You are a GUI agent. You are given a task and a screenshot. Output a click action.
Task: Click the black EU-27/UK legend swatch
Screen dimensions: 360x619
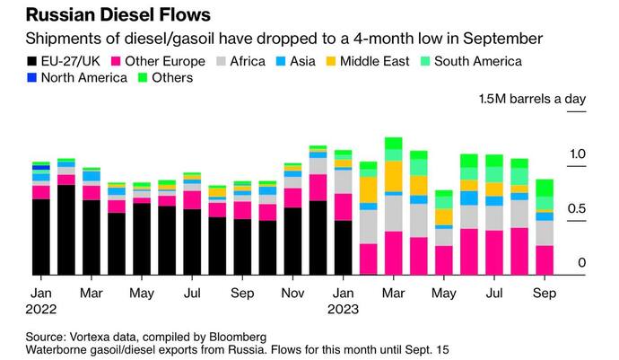click(x=35, y=61)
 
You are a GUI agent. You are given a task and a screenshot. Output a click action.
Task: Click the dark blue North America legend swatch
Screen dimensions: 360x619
click(x=35, y=78)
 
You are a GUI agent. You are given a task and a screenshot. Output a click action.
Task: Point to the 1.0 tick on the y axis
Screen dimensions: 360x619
click(x=577, y=154)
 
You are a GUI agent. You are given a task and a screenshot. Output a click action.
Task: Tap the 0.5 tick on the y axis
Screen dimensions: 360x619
click(x=577, y=209)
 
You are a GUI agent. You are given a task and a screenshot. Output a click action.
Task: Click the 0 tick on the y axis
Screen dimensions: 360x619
click(x=582, y=263)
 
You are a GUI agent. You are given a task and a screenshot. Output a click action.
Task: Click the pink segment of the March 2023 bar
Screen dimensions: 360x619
click(x=393, y=252)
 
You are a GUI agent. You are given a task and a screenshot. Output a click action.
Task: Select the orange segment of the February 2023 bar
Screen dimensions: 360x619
click(x=368, y=189)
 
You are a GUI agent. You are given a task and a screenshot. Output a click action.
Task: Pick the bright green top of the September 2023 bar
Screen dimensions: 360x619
click(x=545, y=189)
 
